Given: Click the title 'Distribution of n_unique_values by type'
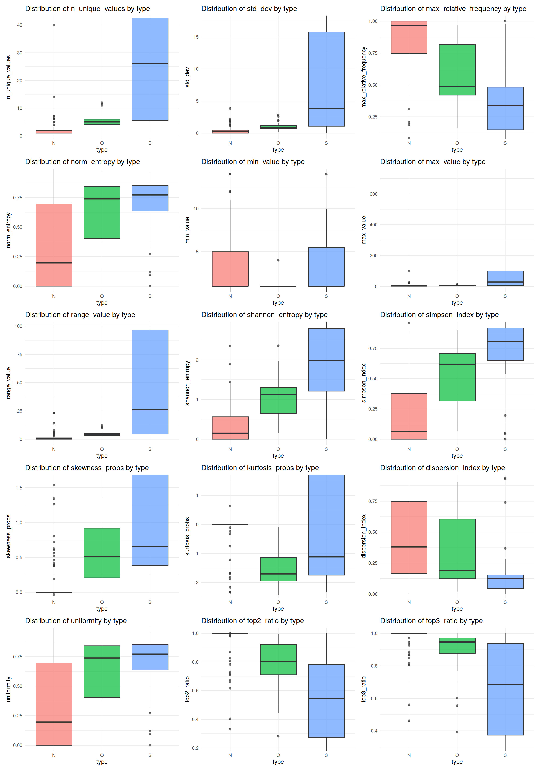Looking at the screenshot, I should click(x=87, y=9).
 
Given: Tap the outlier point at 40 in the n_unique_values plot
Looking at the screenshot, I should click(x=54, y=25).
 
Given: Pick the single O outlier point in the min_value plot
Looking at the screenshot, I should click(x=278, y=260).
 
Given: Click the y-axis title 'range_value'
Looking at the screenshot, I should click(x=8, y=383).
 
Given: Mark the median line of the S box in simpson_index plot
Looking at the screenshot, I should click(x=505, y=341).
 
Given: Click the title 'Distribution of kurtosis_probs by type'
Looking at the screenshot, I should click(x=260, y=468).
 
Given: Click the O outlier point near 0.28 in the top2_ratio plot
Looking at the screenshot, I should click(x=278, y=736).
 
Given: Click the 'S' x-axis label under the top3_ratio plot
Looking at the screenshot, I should click(x=505, y=755).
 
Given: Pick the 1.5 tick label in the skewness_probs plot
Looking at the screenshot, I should click(x=19, y=488).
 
